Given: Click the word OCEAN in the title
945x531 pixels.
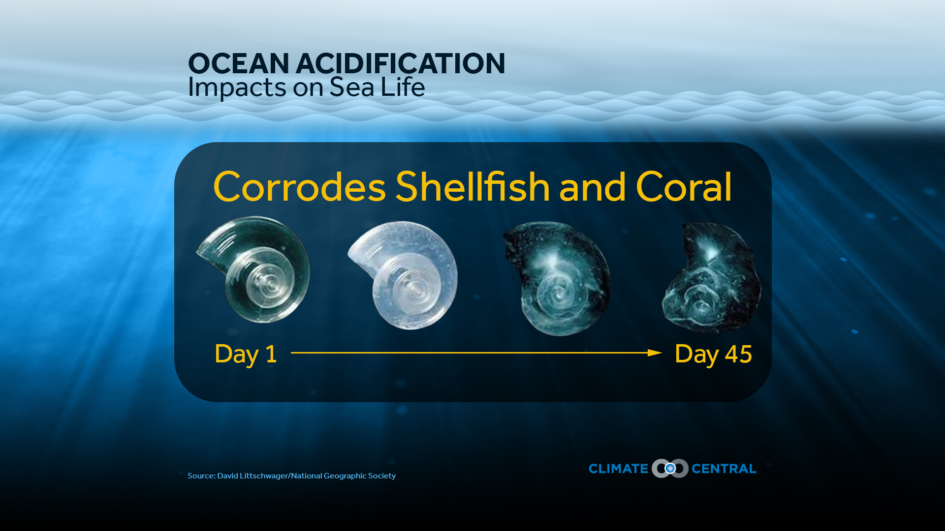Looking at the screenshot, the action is point(239,64).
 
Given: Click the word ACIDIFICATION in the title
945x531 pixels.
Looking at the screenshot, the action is point(400,64).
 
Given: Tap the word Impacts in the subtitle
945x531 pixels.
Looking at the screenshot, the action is point(237,88).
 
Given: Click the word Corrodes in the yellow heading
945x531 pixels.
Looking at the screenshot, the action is point(300,187).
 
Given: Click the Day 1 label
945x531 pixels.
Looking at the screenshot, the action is point(246,354).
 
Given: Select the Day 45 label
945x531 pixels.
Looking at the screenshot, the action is point(713,354).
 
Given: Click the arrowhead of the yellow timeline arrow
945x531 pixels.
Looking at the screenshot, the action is point(655,353).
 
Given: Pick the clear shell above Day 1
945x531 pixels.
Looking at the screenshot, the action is point(253,269).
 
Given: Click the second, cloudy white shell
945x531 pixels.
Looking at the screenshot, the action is point(403,275).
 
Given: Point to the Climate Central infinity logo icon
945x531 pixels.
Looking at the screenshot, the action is point(670,469).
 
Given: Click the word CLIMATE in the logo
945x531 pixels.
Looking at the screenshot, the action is point(618,469).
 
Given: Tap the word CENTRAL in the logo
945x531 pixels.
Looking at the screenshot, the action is point(724,469).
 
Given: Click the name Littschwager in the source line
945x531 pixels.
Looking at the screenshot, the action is point(264,476).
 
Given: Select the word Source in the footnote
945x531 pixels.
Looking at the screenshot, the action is point(201,476).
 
